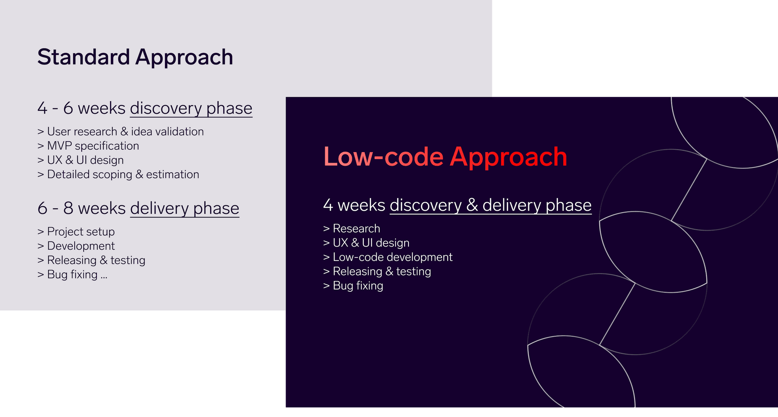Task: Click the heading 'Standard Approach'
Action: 135,58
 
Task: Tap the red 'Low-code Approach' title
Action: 445,157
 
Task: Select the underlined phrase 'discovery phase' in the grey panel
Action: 191,109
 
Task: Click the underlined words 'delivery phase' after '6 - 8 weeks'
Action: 184,209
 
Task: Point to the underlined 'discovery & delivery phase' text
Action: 491,206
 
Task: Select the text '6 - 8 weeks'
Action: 82,208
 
